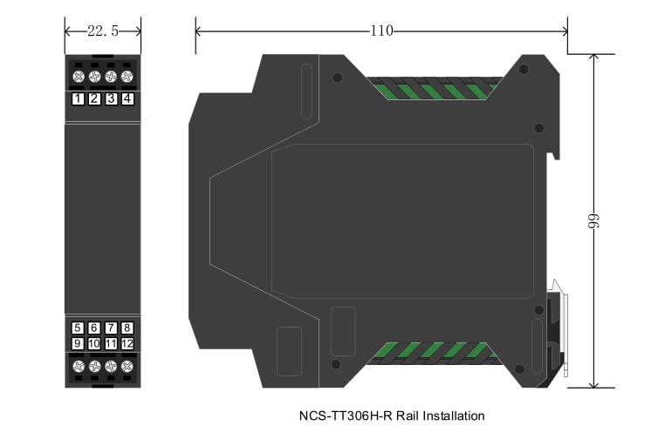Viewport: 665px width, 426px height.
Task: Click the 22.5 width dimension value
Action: pyautogui.click(x=102, y=30)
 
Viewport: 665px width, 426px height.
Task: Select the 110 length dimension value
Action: pyautogui.click(x=380, y=30)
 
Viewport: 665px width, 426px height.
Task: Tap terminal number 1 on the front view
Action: pyautogui.click(x=79, y=98)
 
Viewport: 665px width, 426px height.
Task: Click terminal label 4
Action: pyautogui.click(x=127, y=98)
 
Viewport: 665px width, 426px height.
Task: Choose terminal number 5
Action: pyautogui.click(x=79, y=328)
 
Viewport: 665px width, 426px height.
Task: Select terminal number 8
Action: pyautogui.click(x=127, y=328)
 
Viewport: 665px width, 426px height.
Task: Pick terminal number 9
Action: pyautogui.click(x=79, y=344)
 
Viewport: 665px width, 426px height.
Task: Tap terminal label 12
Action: pyautogui.click(x=127, y=344)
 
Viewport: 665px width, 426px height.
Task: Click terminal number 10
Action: pyautogui.click(x=94, y=344)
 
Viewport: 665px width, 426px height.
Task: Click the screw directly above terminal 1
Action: pyautogui.click(x=79, y=78)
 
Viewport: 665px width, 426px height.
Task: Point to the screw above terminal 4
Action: pyautogui.click(x=127, y=78)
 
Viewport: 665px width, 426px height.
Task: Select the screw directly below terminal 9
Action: pyautogui.click(x=79, y=367)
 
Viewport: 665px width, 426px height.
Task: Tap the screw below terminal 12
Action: pyautogui.click(x=127, y=367)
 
